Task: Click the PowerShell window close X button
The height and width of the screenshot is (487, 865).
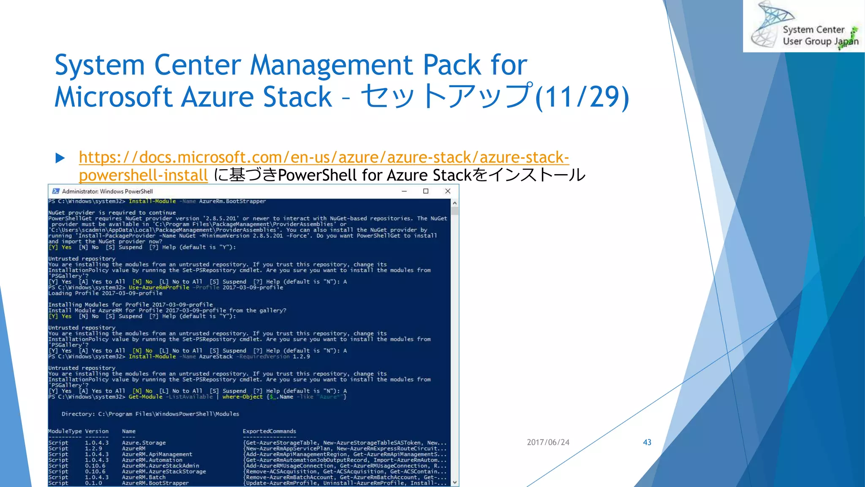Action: click(448, 191)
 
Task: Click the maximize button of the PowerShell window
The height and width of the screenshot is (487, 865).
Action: click(426, 191)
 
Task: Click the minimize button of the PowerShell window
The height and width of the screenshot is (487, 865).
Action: click(404, 191)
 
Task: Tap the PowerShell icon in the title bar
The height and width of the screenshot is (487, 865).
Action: click(56, 191)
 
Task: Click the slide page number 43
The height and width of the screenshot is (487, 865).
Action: click(647, 442)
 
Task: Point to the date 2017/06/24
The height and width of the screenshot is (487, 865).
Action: click(548, 442)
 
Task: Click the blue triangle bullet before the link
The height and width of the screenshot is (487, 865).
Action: click(60, 158)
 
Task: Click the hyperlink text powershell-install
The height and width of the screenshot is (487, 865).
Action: click(143, 175)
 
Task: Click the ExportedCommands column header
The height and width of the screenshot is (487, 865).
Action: click(269, 431)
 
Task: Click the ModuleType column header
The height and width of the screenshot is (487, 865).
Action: click(65, 431)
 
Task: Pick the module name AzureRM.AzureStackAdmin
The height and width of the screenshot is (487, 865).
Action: click(160, 466)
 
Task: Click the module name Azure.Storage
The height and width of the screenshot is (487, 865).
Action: click(144, 443)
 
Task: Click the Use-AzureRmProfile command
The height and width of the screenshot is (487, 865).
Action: click(159, 287)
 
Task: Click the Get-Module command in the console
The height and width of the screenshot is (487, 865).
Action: click(145, 397)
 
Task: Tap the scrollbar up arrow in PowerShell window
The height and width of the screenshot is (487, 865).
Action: click(454, 203)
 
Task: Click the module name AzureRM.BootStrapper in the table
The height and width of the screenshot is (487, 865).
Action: click(155, 483)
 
